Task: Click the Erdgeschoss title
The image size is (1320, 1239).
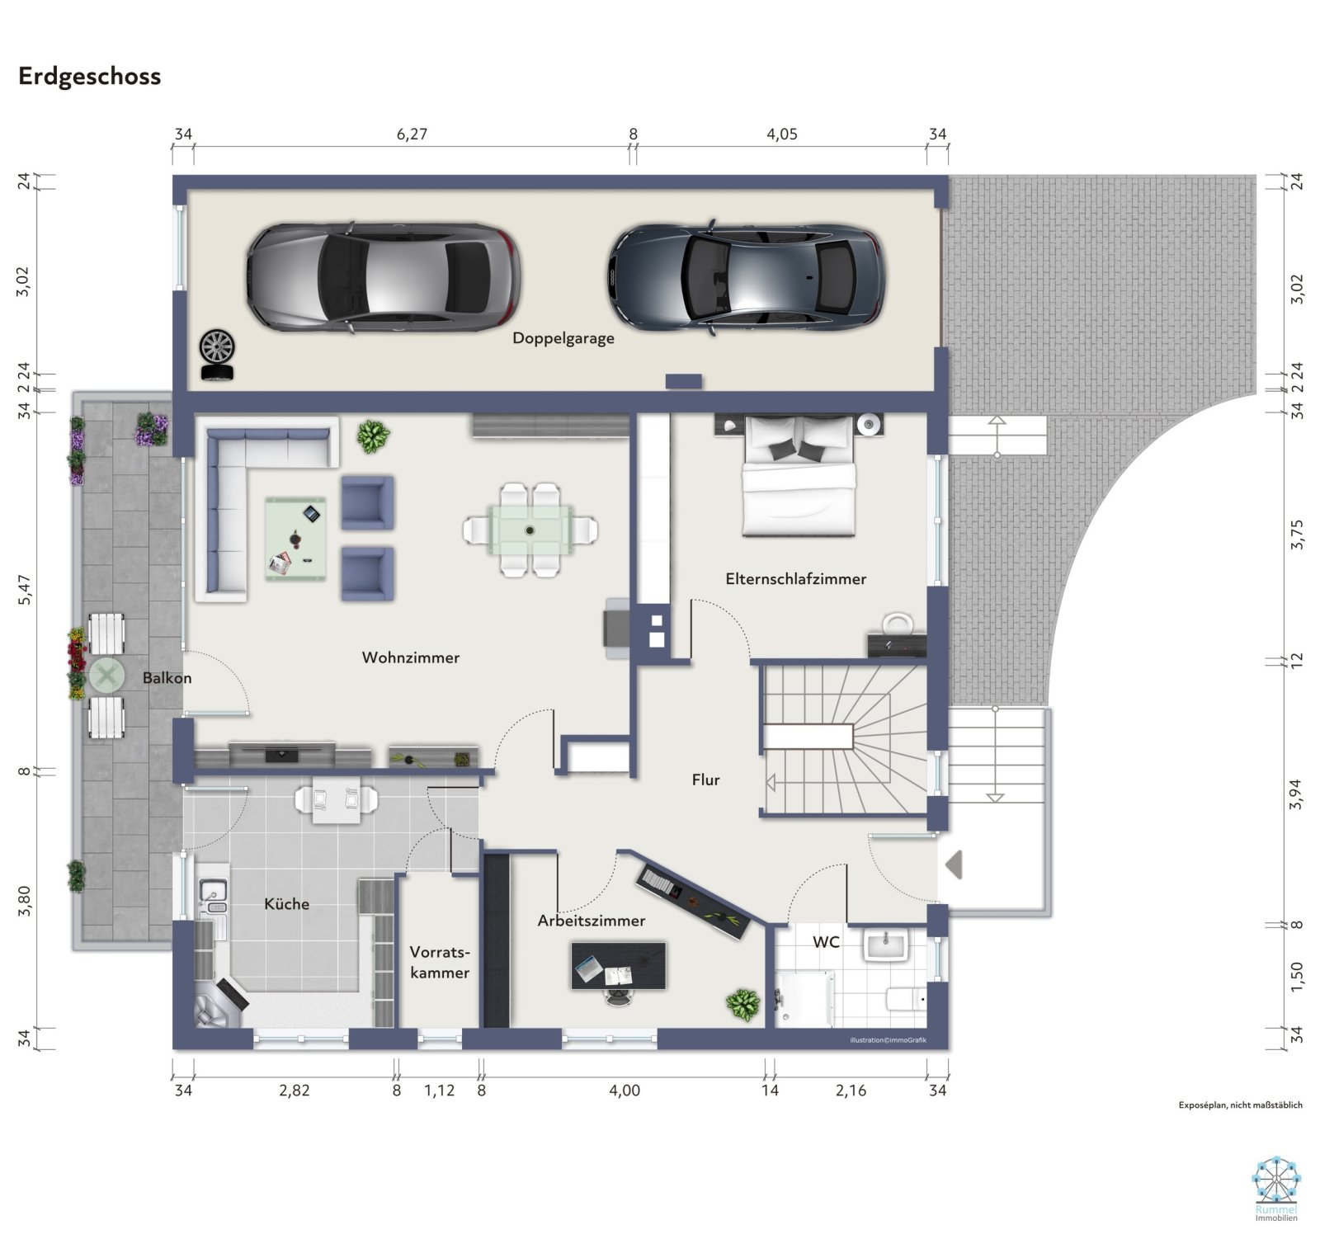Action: [89, 76]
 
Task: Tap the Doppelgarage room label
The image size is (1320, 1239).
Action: [563, 338]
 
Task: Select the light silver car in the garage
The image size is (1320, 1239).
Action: [384, 277]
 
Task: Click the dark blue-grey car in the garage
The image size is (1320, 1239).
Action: [747, 276]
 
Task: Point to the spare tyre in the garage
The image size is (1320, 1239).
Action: [217, 355]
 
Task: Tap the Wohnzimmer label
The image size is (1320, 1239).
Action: [410, 657]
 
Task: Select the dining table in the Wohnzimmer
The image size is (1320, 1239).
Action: [531, 530]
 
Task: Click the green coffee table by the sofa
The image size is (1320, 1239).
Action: [295, 539]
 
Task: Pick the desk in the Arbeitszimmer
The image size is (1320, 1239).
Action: [618, 965]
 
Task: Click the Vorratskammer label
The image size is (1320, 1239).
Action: [440, 962]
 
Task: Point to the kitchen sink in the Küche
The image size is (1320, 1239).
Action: [212, 893]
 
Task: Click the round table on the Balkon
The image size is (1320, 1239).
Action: [106, 676]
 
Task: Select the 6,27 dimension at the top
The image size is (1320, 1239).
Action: [412, 134]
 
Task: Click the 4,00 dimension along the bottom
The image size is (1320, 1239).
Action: [624, 1091]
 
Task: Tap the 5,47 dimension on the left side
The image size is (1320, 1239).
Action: [25, 591]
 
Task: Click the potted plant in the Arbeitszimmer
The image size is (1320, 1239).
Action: [742, 1004]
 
